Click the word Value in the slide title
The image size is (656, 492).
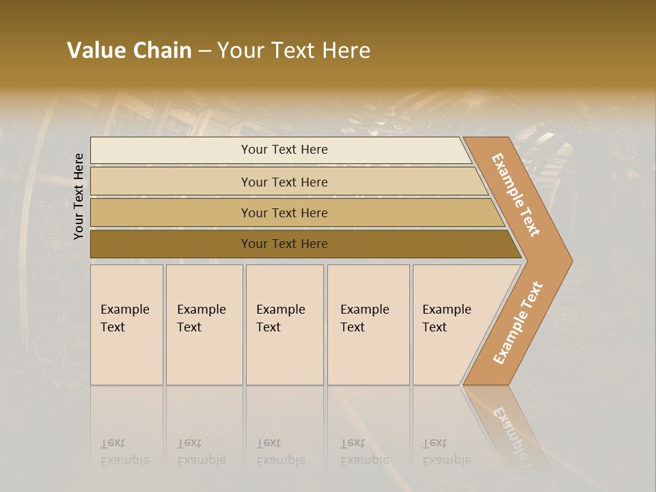pos(95,51)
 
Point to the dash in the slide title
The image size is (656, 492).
pos(204,51)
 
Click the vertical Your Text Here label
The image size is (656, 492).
pos(79,196)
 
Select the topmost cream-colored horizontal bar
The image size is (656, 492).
pos(280,150)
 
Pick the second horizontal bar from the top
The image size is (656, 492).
pos(287,182)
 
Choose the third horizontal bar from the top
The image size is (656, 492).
pos(294,213)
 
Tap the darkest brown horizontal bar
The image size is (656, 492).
pos(301,244)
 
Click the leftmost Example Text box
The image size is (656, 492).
pos(126,325)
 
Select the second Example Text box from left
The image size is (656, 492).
pos(204,325)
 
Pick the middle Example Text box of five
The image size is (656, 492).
pos(284,325)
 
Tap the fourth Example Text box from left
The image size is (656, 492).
pos(368,325)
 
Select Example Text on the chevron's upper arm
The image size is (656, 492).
pos(517,195)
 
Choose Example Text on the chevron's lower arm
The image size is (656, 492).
pos(518,323)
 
